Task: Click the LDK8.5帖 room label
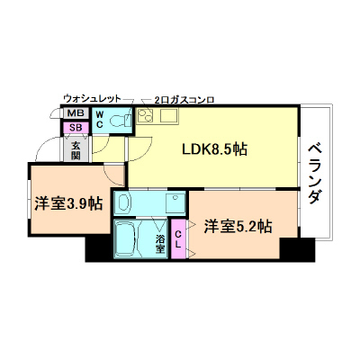216,150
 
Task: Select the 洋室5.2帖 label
237,226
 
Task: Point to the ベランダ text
314,172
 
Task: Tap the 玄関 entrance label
76,148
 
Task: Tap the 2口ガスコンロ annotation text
184,99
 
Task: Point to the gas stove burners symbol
146,115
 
